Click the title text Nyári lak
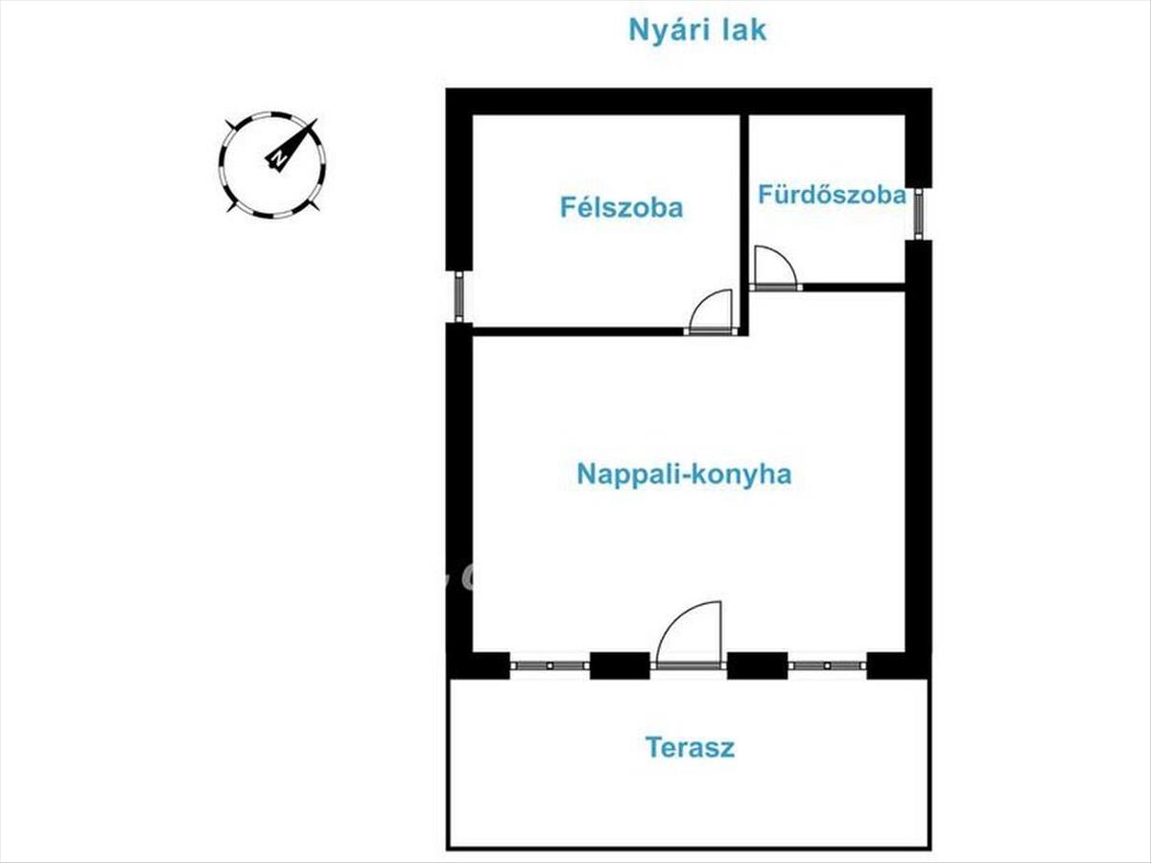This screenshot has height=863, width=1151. point(697,30)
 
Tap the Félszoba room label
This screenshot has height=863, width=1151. point(622,207)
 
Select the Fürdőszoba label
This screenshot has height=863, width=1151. point(832,195)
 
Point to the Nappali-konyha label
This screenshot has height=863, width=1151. point(684,474)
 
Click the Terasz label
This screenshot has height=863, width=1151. point(690,748)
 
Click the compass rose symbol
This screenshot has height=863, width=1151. point(272,164)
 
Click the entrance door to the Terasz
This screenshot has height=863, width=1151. point(688,636)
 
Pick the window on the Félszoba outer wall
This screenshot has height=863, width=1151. point(458,296)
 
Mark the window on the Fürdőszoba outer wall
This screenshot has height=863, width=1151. point(918,214)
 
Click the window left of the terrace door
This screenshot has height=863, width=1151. point(549,665)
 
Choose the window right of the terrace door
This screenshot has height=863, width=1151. point(827,665)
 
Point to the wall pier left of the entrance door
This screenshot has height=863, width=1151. point(619,665)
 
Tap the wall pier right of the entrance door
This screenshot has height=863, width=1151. point(757,665)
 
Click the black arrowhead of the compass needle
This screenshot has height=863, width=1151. point(306,132)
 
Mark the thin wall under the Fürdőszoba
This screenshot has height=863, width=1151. point(854,287)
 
